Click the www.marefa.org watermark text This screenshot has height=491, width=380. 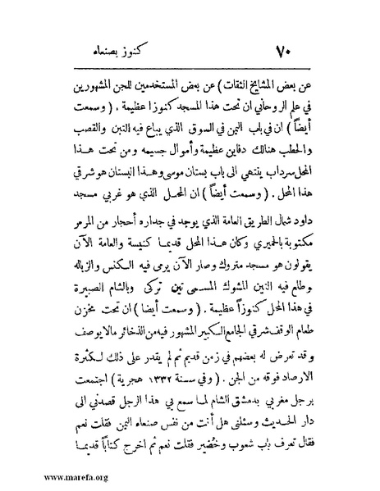(41, 476)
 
